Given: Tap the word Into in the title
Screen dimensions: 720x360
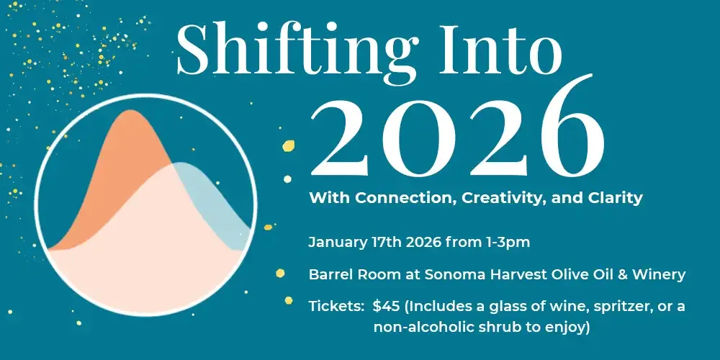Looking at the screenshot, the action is [500, 49].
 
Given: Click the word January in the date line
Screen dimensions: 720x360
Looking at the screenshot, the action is [337, 243].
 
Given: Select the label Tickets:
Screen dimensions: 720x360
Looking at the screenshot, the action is [336, 306].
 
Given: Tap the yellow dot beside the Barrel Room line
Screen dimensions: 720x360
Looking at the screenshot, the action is [280, 273].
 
